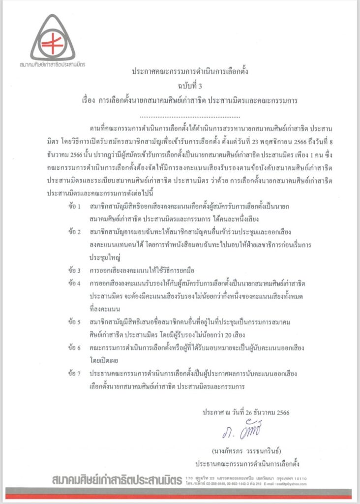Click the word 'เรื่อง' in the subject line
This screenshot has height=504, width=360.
tap(90, 100)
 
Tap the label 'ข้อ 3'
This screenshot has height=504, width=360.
tap(76, 270)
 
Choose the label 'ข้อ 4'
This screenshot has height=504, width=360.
tap(76, 284)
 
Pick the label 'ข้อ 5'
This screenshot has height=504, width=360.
tap(76, 322)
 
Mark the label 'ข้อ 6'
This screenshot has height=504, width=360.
tap(76, 348)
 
